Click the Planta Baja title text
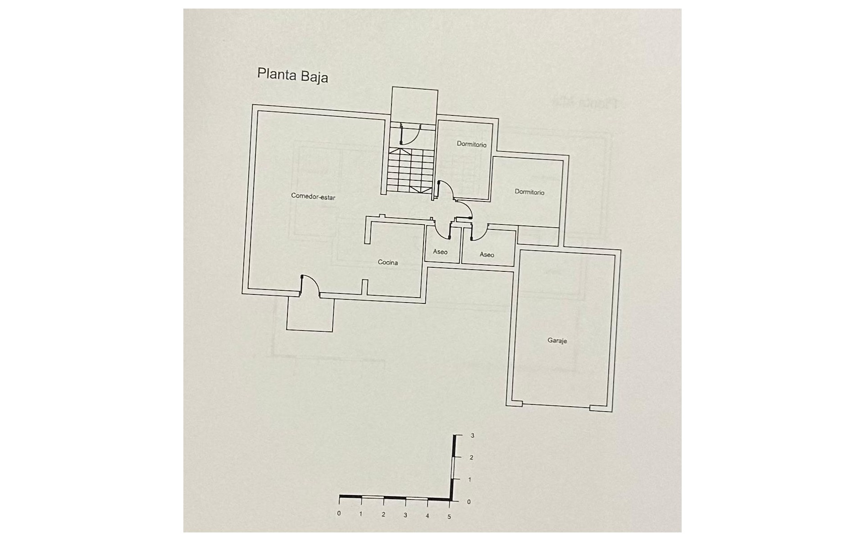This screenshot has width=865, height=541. tap(292, 75)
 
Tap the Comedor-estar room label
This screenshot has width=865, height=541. tap(313, 197)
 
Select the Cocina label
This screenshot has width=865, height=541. tap(387, 262)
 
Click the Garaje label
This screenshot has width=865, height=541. tap(557, 340)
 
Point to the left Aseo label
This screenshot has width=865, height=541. tap(440, 252)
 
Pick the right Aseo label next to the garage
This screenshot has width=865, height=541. tap(487, 255)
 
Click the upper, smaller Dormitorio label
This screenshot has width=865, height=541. tap(471, 144)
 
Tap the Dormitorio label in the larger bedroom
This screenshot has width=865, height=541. tap(529, 192)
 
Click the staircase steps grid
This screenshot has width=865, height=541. tap(410, 170)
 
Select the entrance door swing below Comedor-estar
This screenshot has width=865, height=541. tap(310, 286)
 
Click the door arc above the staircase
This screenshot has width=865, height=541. tap(409, 135)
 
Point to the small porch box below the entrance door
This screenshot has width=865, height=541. tap(310, 314)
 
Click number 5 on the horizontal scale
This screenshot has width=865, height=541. tap(449, 517)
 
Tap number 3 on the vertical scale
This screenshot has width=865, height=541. tap(472, 436)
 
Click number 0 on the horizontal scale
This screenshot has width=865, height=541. tap(339, 513)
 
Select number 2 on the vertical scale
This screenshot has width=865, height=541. tap(471, 458)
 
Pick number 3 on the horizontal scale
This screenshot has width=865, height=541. tap(405, 515)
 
